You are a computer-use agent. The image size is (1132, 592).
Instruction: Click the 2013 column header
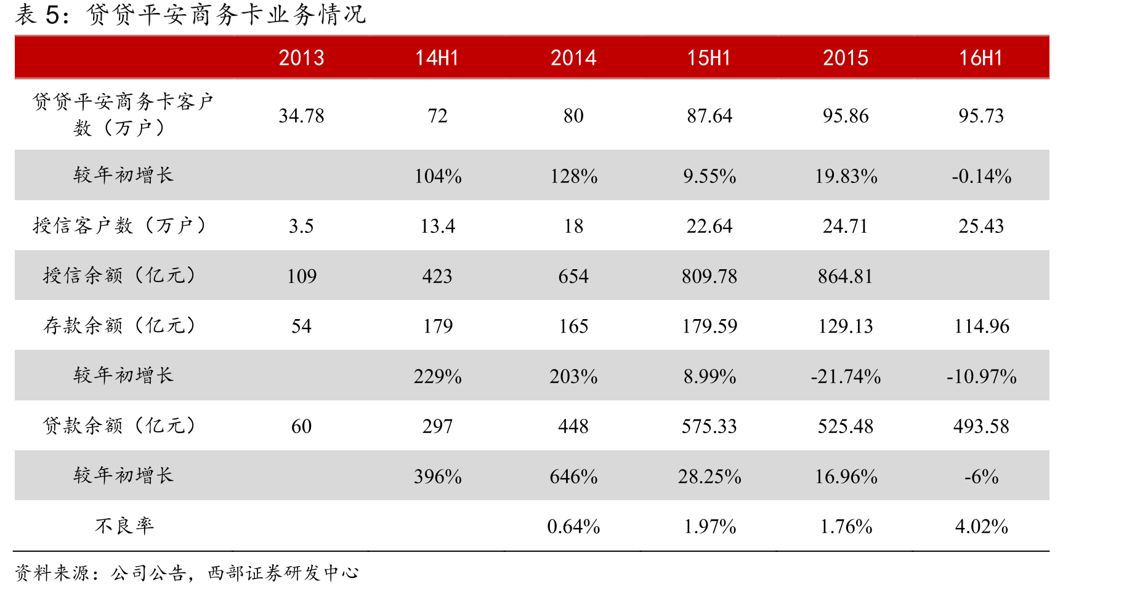point(301,58)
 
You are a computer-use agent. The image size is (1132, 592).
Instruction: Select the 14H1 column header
point(437,58)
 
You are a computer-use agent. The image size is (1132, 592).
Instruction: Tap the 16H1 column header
point(981,58)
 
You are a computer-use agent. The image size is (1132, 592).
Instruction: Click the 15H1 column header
point(709,58)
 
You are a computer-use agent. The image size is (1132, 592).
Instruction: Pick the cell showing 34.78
point(301,116)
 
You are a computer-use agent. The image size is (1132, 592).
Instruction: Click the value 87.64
point(710,116)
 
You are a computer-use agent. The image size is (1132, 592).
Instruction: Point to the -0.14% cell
point(982,176)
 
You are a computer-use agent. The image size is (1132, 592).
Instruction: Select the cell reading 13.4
point(437,226)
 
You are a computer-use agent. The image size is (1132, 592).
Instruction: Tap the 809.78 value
point(710,276)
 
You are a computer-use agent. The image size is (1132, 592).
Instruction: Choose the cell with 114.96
point(982,326)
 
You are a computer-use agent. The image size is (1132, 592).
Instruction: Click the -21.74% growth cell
point(846,376)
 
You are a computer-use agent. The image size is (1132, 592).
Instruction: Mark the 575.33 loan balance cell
point(710,426)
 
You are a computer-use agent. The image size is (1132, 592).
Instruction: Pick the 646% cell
point(573,476)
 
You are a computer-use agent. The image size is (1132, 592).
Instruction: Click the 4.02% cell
point(982,526)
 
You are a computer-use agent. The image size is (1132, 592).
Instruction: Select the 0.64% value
point(573,526)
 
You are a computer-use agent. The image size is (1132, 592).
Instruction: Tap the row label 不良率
point(124,525)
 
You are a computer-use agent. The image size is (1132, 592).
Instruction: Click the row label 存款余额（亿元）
point(119,325)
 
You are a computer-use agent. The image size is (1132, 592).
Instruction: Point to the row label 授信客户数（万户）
point(119,225)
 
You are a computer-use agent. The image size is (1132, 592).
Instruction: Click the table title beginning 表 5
point(190,15)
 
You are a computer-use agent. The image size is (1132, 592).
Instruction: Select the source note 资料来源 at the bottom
point(187,573)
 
